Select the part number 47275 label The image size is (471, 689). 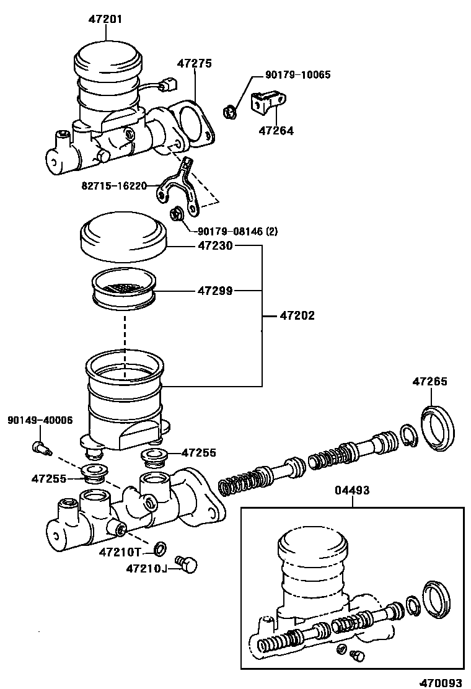(195, 63)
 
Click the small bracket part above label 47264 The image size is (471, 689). (268, 103)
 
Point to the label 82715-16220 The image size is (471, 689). (113, 185)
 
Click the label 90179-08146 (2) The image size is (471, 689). (237, 232)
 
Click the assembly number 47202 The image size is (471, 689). (297, 315)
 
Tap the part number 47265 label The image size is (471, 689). (429, 382)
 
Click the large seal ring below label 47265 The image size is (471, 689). (439, 428)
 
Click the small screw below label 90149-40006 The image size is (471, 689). (39, 446)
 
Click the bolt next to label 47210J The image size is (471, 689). (187, 563)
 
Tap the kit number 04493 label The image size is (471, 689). (352, 490)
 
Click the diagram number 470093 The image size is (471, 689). (441, 683)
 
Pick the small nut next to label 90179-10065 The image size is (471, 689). (229, 112)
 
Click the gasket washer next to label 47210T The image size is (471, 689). (161, 548)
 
